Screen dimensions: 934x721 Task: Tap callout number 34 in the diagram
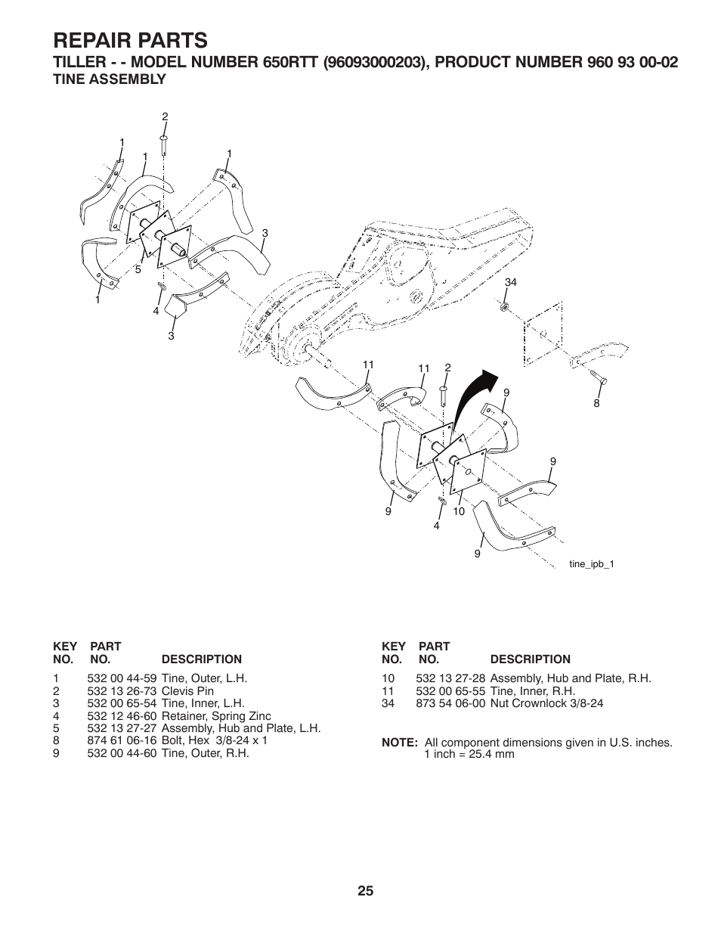(510, 282)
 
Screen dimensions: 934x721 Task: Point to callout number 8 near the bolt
(596, 403)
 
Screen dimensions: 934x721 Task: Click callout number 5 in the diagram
(138, 269)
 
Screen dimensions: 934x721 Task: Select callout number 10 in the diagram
(458, 512)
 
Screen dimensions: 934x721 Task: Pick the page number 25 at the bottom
(366, 891)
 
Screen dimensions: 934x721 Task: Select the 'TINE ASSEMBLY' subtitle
(109, 79)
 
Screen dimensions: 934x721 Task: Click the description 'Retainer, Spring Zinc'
(216, 716)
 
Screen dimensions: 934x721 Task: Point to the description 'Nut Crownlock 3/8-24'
(546, 703)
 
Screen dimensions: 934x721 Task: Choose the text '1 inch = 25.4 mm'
(469, 754)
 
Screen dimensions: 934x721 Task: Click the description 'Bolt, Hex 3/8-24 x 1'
(214, 740)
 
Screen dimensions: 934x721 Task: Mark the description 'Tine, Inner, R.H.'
(532, 691)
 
